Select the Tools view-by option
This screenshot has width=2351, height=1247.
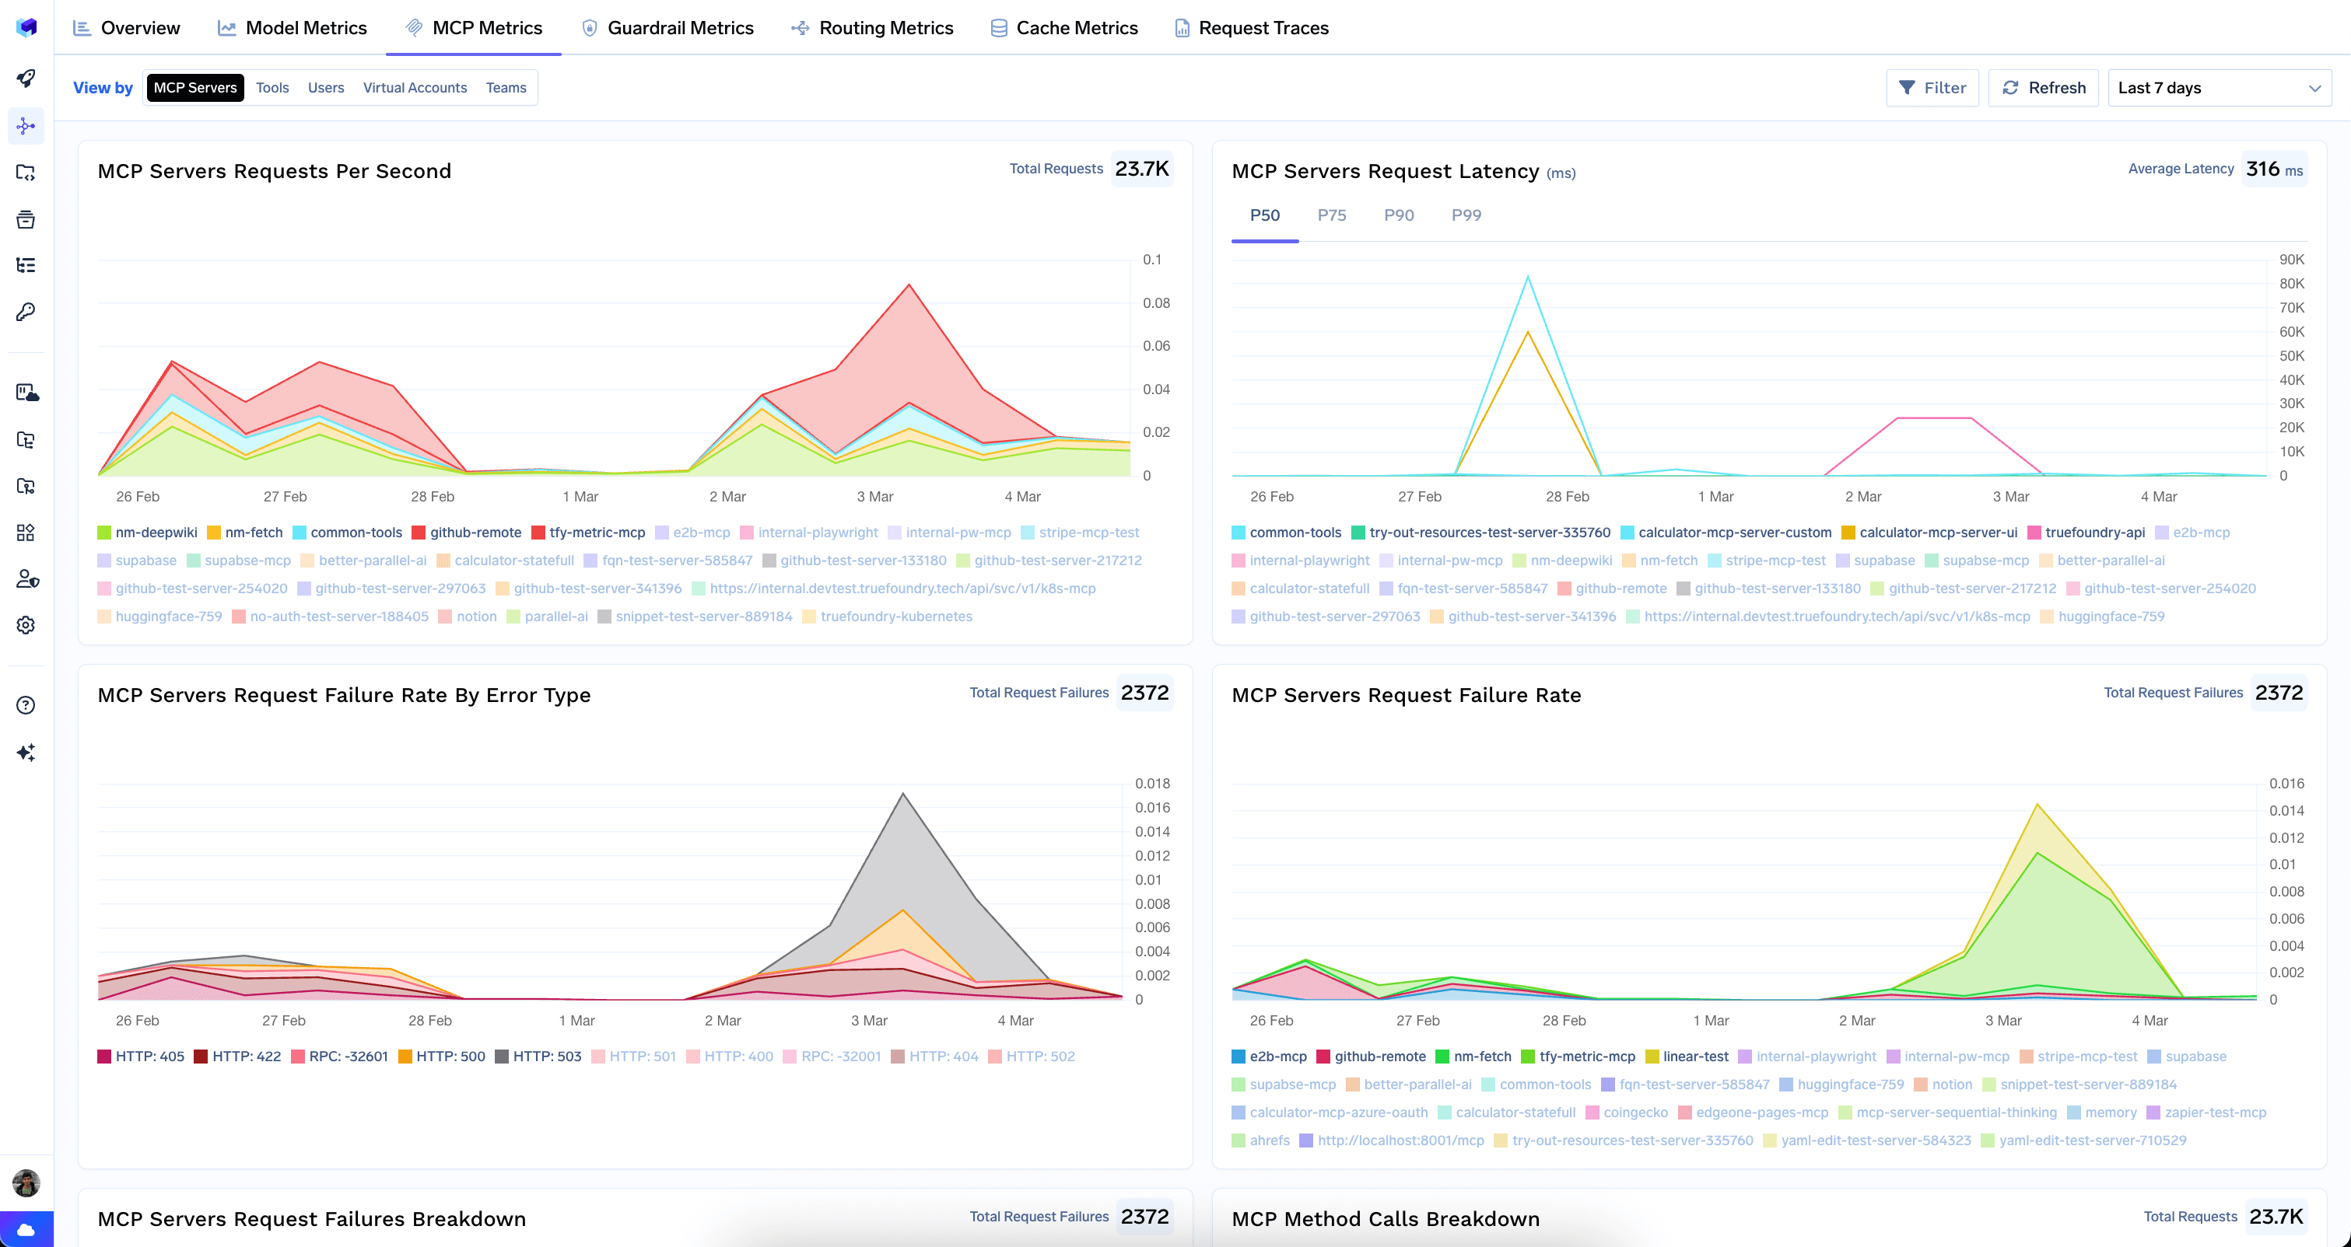272,88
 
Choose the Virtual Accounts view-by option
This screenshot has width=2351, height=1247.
415,88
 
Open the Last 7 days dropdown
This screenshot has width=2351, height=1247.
2219,88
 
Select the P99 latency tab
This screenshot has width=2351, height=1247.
1466,215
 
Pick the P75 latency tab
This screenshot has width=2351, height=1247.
1332,215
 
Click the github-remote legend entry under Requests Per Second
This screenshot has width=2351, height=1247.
475,533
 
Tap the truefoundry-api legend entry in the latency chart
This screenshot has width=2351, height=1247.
2094,533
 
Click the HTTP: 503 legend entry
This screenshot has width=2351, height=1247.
546,1057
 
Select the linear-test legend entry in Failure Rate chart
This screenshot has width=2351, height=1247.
1695,1057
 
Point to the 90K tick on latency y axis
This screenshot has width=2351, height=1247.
2292,260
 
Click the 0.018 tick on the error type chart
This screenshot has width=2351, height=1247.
1151,784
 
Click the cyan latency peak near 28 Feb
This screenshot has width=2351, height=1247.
1528,278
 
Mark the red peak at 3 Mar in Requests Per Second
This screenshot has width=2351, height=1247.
908,285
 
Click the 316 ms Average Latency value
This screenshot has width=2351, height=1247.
2273,169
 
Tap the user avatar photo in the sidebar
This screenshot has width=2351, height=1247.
26,1183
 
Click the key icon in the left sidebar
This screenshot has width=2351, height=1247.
26,312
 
